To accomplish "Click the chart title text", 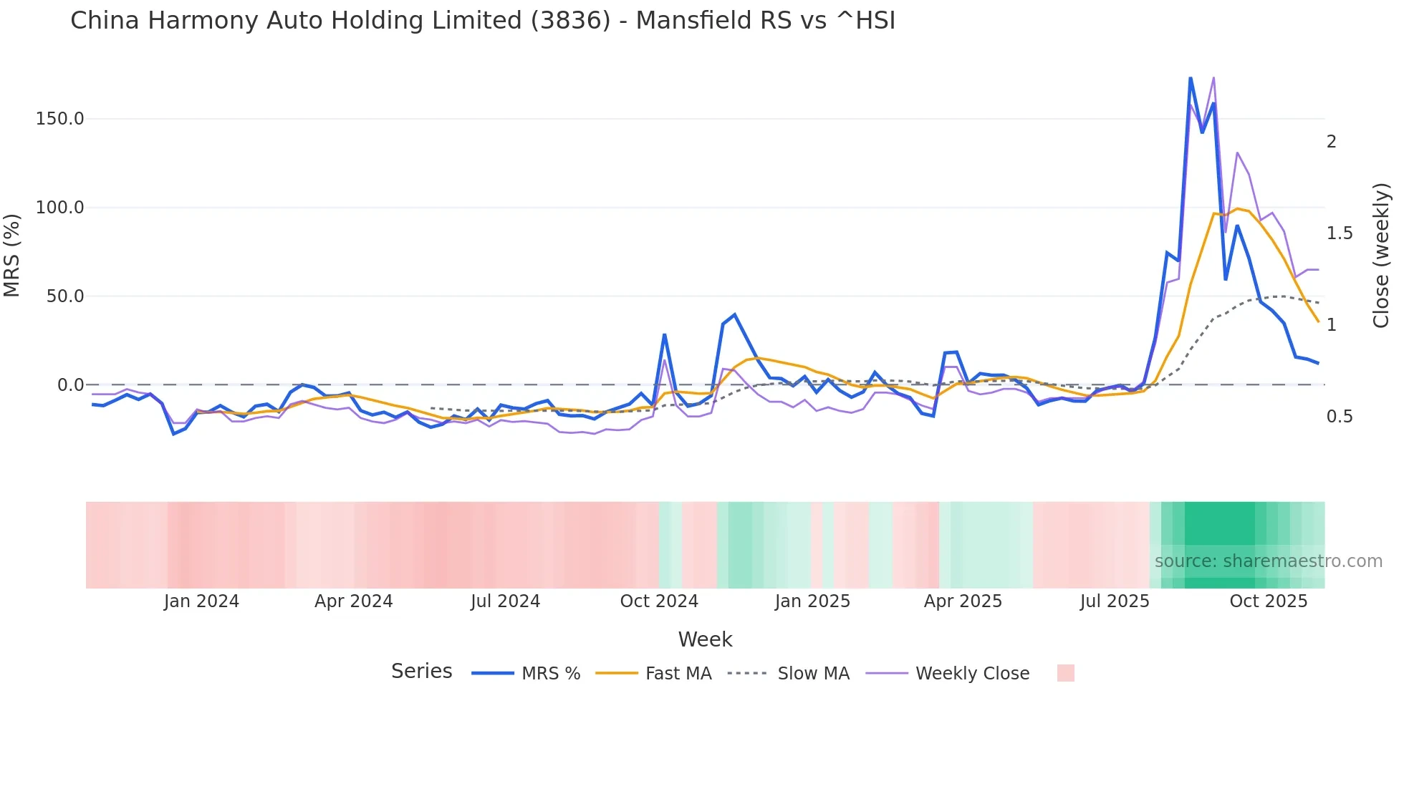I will click(x=482, y=21).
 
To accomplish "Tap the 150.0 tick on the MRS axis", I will click(x=59, y=119).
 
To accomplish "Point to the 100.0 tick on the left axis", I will click(x=59, y=208).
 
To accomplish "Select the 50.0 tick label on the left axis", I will click(x=64, y=296).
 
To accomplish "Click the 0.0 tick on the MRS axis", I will click(x=70, y=385).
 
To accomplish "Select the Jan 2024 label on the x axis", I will click(x=201, y=601).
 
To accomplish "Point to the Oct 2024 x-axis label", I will click(x=659, y=601).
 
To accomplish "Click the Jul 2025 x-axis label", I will click(x=1115, y=601).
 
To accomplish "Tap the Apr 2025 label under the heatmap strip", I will click(x=963, y=601).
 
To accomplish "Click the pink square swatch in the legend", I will click(x=1065, y=673).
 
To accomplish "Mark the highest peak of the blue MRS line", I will click(x=1191, y=78).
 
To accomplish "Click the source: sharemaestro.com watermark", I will click(x=1268, y=561).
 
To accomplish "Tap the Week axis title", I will click(x=705, y=639).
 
